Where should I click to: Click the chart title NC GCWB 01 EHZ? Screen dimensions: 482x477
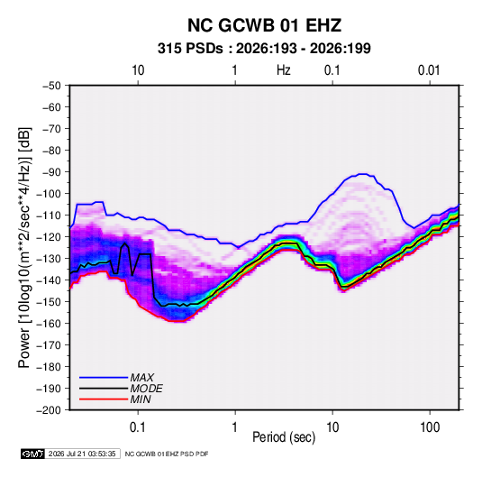pos(264,25)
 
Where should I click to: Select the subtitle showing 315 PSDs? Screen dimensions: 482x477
pos(264,49)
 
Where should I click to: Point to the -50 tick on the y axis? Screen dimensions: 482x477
pos(51,86)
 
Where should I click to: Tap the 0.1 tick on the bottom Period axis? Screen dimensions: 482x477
pos(138,427)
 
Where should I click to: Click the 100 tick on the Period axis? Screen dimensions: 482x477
pos(430,427)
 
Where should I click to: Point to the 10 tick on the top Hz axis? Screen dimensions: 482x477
pos(138,70)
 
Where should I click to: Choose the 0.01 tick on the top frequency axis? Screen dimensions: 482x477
pos(429,70)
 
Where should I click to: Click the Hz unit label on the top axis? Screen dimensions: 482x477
pos(284,70)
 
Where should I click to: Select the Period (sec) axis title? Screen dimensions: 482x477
pos(284,437)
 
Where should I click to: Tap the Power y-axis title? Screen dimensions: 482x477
pos(24,248)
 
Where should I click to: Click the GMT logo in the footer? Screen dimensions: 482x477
pos(32,454)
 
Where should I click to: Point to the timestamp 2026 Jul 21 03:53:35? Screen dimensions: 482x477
pos(82,454)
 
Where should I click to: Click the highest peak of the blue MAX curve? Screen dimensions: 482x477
pos(363,174)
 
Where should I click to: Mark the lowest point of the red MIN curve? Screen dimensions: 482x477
pos(177,321)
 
